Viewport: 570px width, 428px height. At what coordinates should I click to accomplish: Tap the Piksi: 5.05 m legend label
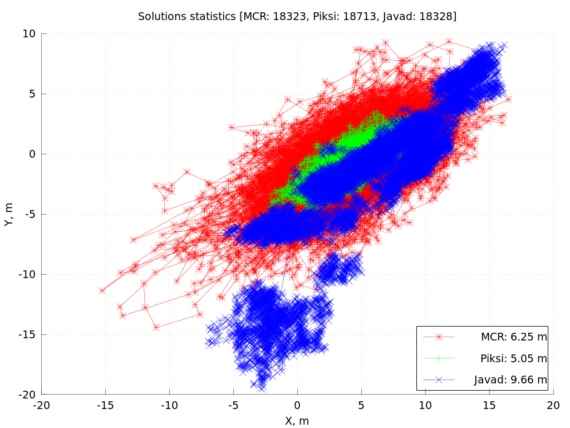point(513,358)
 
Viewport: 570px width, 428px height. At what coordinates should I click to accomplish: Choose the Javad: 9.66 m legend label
point(510,380)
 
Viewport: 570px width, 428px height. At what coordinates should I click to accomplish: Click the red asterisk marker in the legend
point(439,337)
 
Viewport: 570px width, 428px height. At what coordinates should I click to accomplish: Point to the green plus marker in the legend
point(439,358)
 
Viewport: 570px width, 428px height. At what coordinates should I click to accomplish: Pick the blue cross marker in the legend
point(439,380)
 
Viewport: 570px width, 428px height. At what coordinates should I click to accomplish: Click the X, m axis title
point(297,421)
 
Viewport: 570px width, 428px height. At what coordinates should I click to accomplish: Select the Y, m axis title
point(9,214)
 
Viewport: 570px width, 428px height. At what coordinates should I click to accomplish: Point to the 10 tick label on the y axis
point(30,33)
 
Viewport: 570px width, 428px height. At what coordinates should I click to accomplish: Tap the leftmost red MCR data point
point(102,290)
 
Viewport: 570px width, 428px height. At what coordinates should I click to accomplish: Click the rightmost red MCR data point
point(508,99)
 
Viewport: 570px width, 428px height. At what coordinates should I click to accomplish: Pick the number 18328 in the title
point(436,17)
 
